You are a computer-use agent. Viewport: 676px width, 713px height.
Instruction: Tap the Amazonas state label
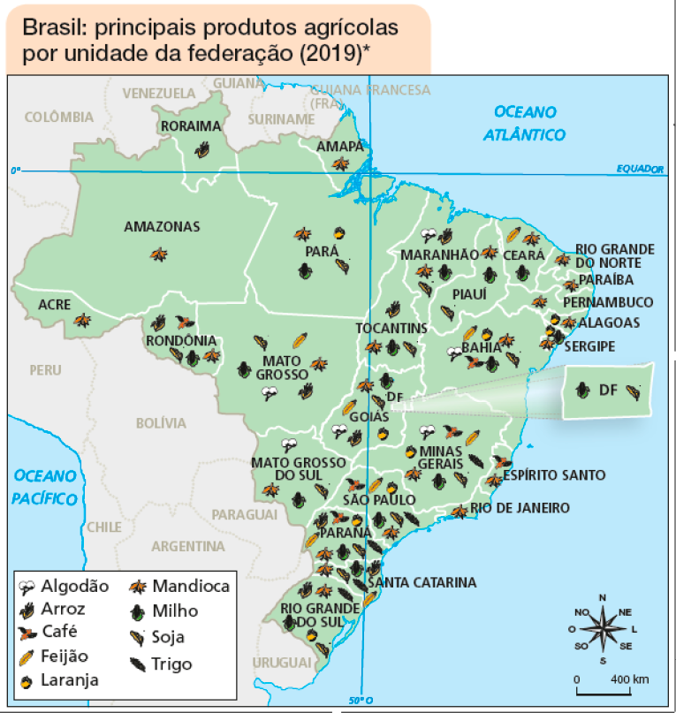pyautogui.click(x=162, y=227)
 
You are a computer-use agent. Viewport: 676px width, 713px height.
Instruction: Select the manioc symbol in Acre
pyautogui.click(x=83, y=320)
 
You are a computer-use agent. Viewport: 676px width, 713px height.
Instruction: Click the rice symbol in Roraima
pyautogui.click(x=204, y=148)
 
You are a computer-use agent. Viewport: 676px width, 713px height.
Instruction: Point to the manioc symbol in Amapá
pyautogui.click(x=340, y=163)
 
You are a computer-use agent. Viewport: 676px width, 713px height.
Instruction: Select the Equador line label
pyautogui.click(x=639, y=169)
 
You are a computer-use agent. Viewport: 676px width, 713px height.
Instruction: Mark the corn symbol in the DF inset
pyautogui.click(x=583, y=389)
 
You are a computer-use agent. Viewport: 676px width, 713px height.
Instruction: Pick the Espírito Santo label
pyautogui.click(x=554, y=475)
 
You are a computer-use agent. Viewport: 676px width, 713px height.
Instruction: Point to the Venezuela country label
pyautogui.click(x=159, y=93)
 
